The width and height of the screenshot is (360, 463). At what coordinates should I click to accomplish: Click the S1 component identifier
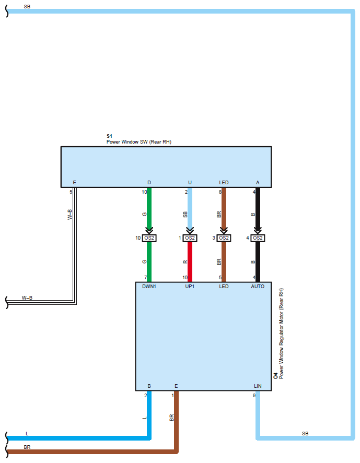(109, 136)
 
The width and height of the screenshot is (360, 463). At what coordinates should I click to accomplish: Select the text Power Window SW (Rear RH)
(139, 141)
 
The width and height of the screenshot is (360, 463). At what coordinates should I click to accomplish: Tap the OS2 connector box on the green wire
(149, 238)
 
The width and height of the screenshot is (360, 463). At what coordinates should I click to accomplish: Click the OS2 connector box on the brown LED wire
(224, 238)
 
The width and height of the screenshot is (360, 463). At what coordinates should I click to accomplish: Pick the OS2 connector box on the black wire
(258, 238)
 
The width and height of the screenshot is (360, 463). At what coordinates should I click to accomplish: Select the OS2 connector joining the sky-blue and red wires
(190, 238)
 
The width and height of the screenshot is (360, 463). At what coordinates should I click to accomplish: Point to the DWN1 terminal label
(149, 287)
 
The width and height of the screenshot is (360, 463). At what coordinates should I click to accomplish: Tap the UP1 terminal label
(189, 287)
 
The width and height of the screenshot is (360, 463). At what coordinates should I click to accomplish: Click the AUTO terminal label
(258, 287)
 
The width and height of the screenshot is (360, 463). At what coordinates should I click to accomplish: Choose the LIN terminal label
(258, 386)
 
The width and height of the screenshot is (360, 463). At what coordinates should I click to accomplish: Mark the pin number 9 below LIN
(254, 396)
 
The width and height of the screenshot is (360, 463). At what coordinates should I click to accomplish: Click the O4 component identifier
(276, 375)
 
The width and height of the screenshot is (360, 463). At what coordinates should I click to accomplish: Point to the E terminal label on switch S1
(74, 183)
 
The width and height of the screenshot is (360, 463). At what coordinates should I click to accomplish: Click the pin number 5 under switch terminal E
(71, 192)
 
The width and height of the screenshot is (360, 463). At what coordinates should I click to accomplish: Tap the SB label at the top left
(27, 6)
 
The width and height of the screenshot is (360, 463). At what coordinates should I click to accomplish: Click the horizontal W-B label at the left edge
(27, 298)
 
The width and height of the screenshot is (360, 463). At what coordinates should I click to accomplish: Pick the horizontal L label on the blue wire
(27, 433)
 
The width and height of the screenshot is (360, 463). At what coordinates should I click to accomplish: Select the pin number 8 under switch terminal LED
(220, 192)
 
